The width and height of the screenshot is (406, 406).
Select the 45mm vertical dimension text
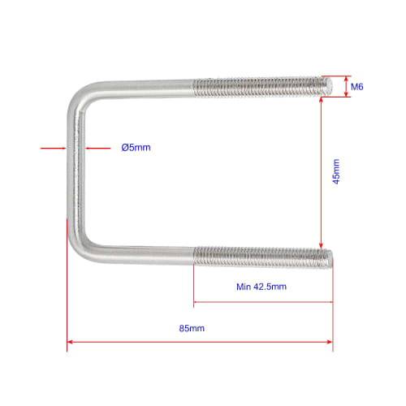(x=336, y=173)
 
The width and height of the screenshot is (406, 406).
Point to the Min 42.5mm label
(x=261, y=287)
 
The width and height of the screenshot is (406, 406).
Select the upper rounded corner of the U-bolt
(x=81, y=96)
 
